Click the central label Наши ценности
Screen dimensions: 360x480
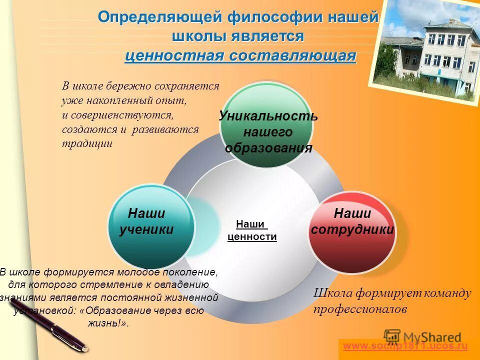pos(252,230)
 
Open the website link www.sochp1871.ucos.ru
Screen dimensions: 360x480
pos(405,345)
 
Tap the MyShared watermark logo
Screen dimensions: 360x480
pos(422,336)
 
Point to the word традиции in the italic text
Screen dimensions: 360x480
pos(87,143)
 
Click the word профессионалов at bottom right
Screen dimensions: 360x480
pos(360,309)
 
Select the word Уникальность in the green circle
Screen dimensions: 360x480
pos(268,116)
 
